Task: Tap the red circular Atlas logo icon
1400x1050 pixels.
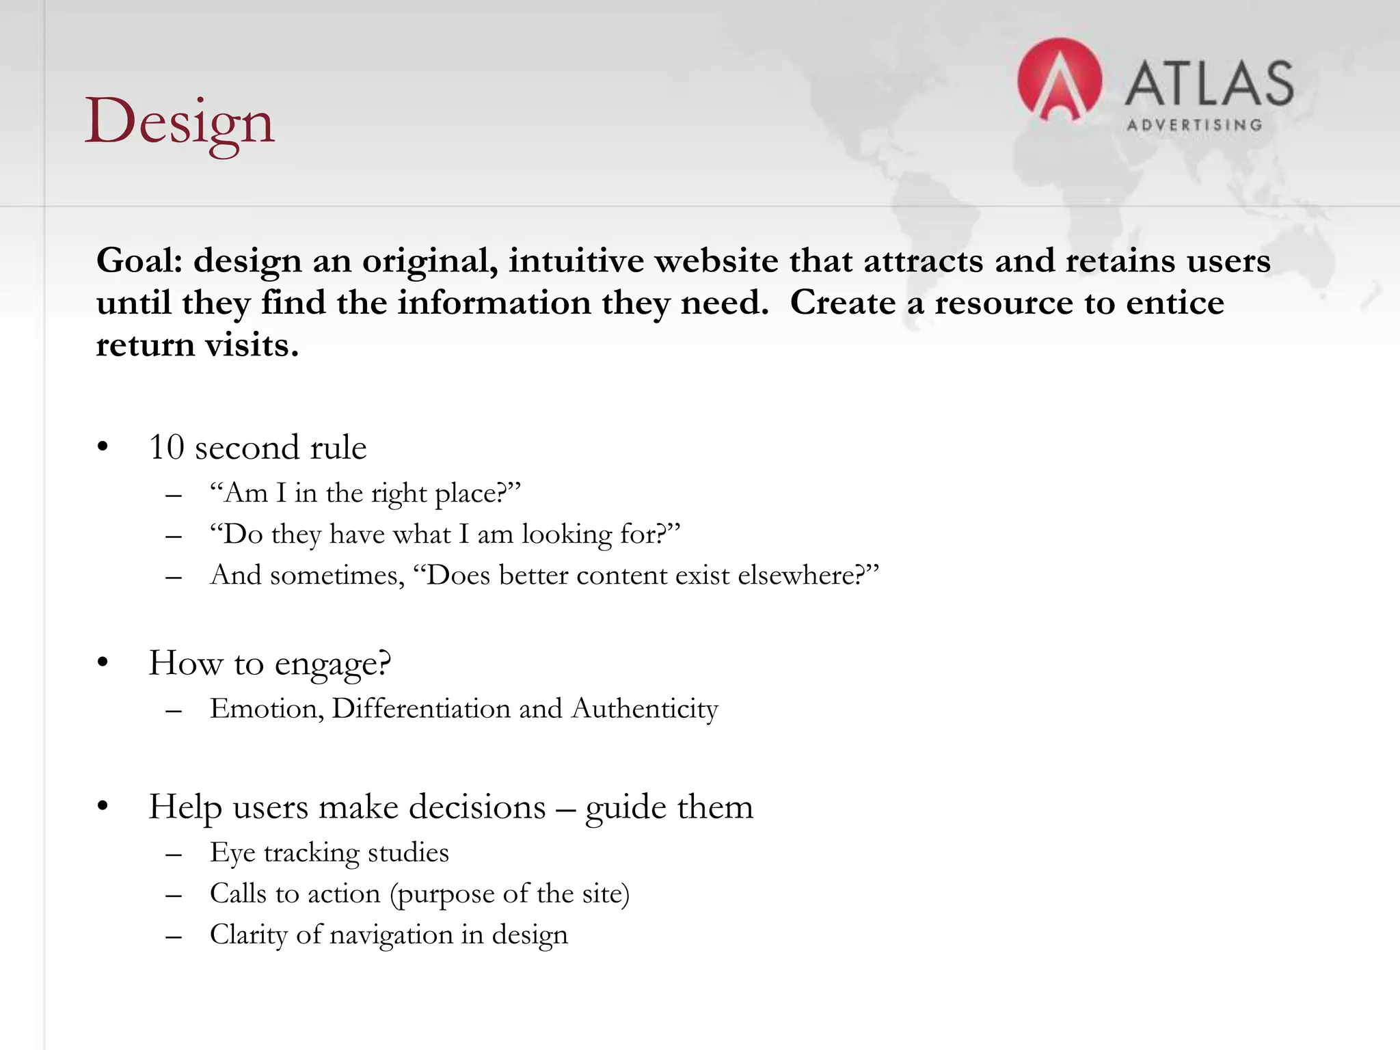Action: click(1059, 81)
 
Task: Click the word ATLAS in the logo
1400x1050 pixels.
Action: click(1209, 83)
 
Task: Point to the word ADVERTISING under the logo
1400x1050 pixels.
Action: click(1194, 125)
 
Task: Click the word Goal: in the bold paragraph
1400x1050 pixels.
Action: click(139, 261)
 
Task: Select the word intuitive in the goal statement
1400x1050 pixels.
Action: click(576, 261)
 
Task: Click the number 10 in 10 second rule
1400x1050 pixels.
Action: click(166, 448)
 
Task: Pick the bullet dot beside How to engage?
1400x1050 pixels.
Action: click(103, 662)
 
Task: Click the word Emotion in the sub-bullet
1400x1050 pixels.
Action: click(265, 709)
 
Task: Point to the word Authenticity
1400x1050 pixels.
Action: click(645, 709)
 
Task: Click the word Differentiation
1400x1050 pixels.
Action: click(421, 709)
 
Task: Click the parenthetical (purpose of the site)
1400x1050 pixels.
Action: click(509, 894)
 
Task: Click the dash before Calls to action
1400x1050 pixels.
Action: click(174, 896)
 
